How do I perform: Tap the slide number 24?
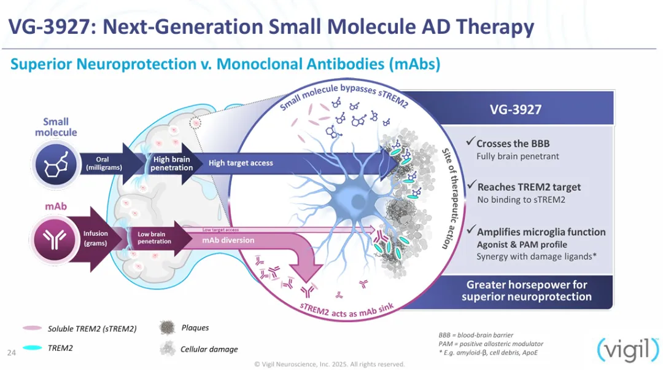pyautogui.click(x=11, y=352)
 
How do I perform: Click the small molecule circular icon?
pyautogui.click(x=55, y=163)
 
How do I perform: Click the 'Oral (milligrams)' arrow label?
pyautogui.click(x=102, y=163)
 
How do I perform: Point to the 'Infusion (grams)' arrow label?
pyautogui.click(x=96, y=238)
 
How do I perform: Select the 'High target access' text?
pyautogui.click(x=241, y=163)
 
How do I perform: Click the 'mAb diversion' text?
pyautogui.click(x=228, y=240)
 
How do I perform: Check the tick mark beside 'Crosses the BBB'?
pyautogui.click(x=470, y=143)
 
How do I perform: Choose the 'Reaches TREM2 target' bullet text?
pyautogui.click(x=529, y=187)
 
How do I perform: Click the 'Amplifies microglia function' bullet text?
pyautogui.click(x=541, y=232)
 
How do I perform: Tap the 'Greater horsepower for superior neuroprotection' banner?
pyautogui.click(x=526, y=291)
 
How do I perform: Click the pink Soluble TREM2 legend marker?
pyautogui.click(x=32, y=329)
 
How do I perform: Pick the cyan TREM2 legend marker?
pyautogui.click(x=32, y=348)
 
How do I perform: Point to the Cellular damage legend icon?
pyautogui.click(x=167, y=348)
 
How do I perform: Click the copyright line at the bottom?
pyautogui.click(x=330, y=364)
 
